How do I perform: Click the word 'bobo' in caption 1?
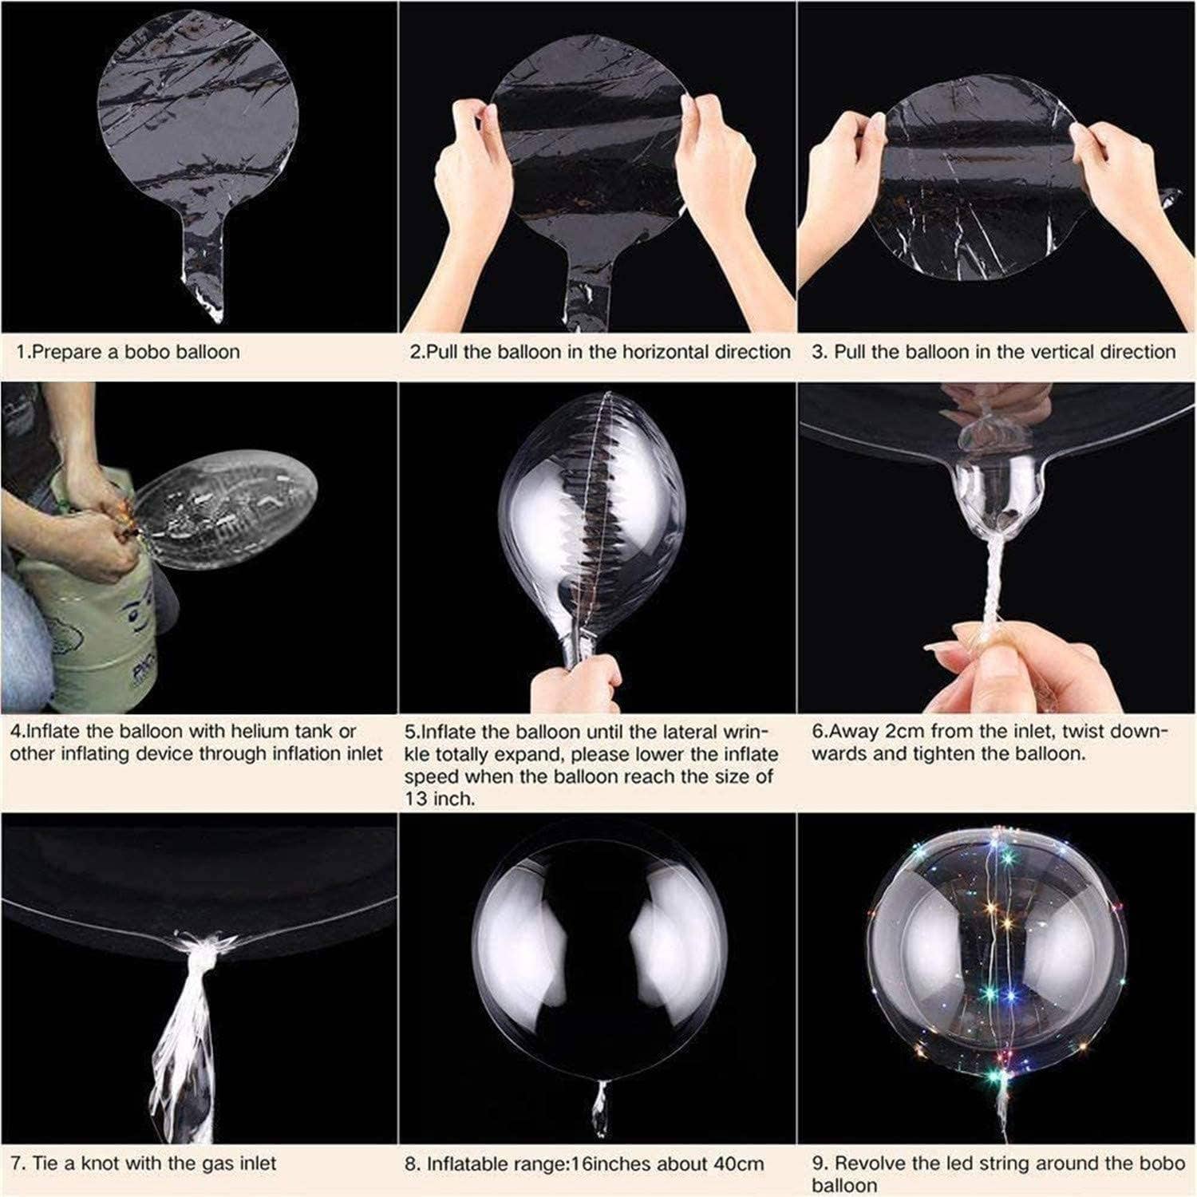(155, 352)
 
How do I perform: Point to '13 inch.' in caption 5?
(439, 798)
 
